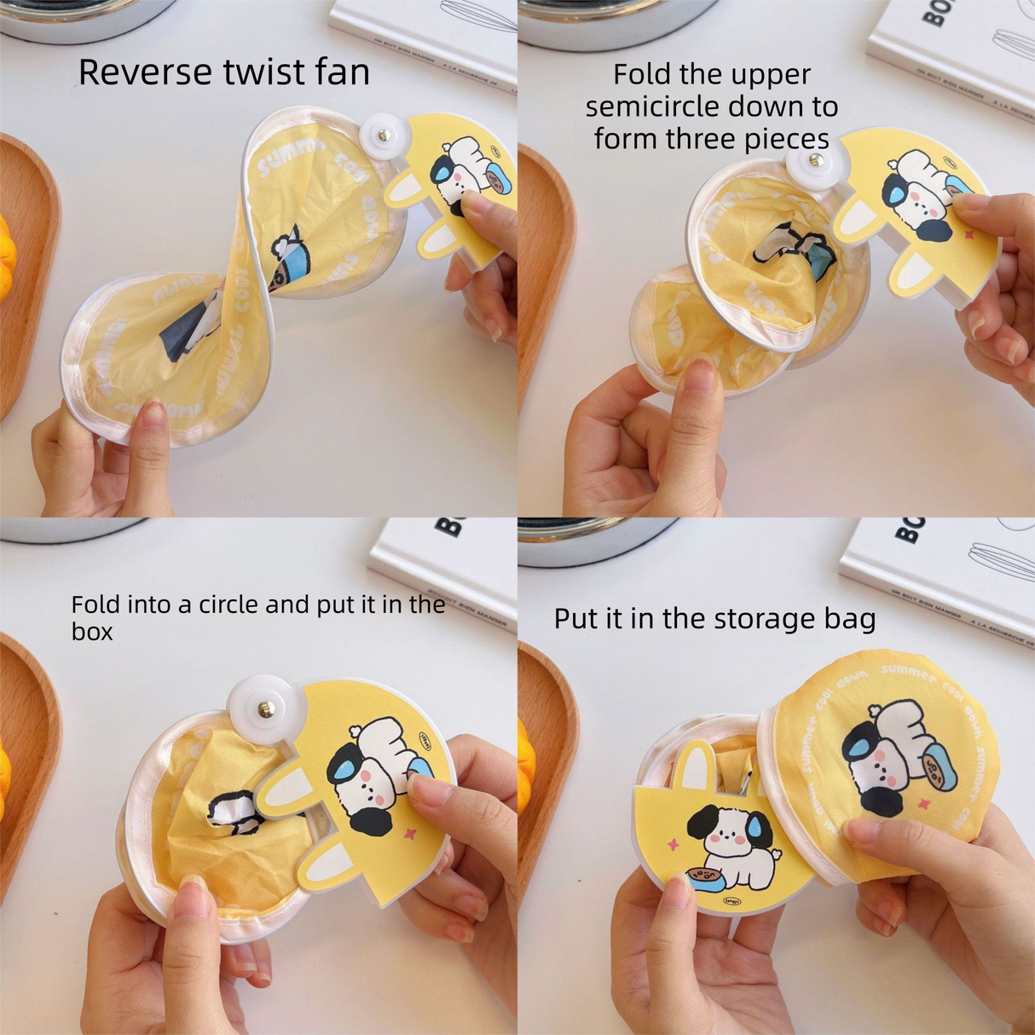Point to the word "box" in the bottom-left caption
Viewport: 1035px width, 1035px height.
(91, 632)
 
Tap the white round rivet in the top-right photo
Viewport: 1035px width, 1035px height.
(816, 159)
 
